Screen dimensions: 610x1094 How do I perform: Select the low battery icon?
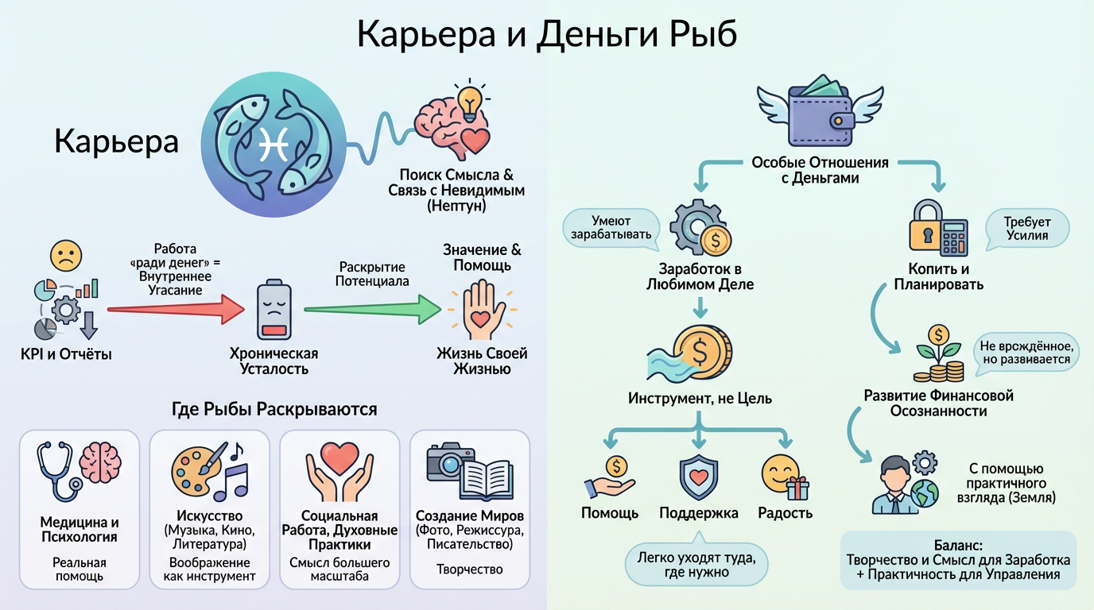[x=273, y=311]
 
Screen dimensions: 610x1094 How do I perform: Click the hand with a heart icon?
[x=482, y=311]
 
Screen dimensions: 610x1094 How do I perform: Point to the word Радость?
[x=785, y=512]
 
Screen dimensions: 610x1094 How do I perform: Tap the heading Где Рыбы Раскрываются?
[x=274, y=410]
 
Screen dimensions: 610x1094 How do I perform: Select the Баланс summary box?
[x=958, y=559]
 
